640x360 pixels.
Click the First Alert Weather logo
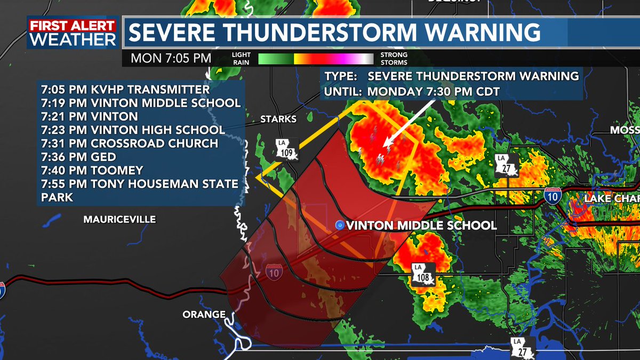73,33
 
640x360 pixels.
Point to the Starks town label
278,118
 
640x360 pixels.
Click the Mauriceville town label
119,219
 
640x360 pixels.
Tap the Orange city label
204,314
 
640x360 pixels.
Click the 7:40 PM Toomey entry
92,171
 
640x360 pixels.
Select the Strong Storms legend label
394,58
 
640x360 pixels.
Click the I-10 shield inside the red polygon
274,272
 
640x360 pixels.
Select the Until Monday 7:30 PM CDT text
412,91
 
